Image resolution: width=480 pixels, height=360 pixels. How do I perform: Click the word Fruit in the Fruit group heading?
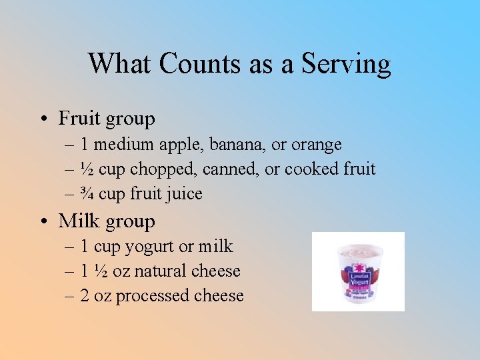[79, 119]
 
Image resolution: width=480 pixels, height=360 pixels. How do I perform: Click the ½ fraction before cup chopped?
[87, 169]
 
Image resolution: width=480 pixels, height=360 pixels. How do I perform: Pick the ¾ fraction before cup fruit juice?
[87, 194]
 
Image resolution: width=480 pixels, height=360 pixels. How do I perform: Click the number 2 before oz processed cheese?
[85, 296]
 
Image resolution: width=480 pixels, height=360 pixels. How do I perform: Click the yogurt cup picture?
[358, 271]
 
